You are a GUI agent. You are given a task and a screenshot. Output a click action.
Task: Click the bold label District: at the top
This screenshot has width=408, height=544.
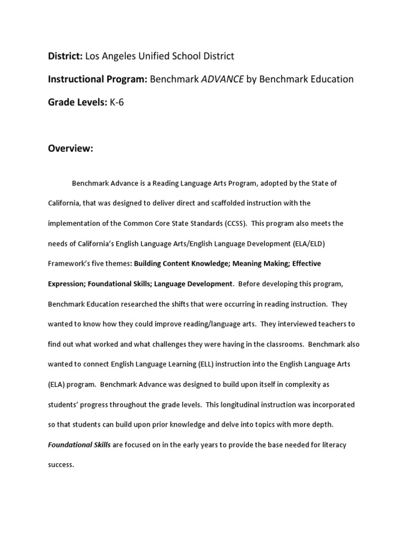coord(65,56)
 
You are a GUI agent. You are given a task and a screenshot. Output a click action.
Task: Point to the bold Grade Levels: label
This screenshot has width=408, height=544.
coord(78,103)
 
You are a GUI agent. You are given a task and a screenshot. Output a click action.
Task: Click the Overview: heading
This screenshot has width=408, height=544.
coord(71,149)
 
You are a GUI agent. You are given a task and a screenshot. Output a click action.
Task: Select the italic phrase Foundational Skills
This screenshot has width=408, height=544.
coord(79,445)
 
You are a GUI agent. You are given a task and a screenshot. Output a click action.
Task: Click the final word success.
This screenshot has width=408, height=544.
coord(61,464)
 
